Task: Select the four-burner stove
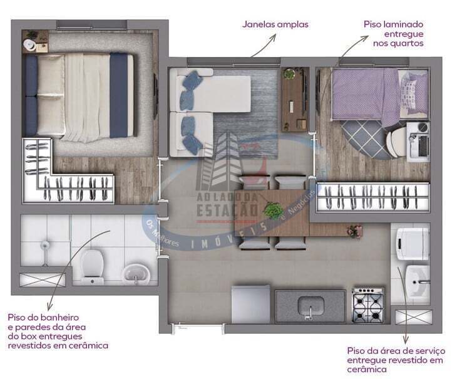(x=368, y=306)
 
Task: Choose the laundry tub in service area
(x=416, y=279)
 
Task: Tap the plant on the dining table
(x=272, y=210)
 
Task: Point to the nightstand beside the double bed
(x=35, y=43)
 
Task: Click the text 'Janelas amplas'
(x=275, y=24)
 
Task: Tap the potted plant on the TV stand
(x=289, y=74)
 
